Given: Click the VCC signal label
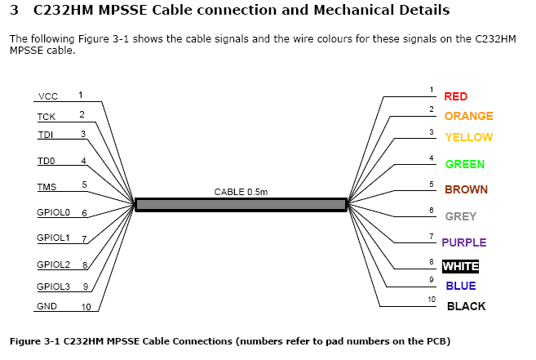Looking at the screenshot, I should [47, 96].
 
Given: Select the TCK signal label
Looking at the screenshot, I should [46, 117].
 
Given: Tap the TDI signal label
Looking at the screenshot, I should [46, 135].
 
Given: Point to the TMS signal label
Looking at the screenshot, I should [47, 186].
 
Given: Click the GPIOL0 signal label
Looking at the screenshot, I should [54, 213].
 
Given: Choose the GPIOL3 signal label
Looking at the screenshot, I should [54, 287].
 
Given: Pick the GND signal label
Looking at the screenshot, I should [47, 307].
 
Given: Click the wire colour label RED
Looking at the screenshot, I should [455, 96].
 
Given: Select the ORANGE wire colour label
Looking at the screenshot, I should [468, 117].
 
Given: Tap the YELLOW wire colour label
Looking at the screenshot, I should [468, 137].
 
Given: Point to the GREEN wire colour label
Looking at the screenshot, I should [464, 164].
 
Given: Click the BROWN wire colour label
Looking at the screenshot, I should [466, 190].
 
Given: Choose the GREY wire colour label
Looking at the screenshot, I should [460, 216].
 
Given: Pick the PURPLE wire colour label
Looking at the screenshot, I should [463, 242].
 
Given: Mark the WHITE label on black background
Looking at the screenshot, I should [460, 266].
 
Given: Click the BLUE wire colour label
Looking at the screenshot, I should [460, 286].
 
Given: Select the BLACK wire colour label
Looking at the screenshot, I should [466, 306].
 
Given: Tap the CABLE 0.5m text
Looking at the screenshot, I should [241, 192].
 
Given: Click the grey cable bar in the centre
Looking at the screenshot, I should [241, 204].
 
